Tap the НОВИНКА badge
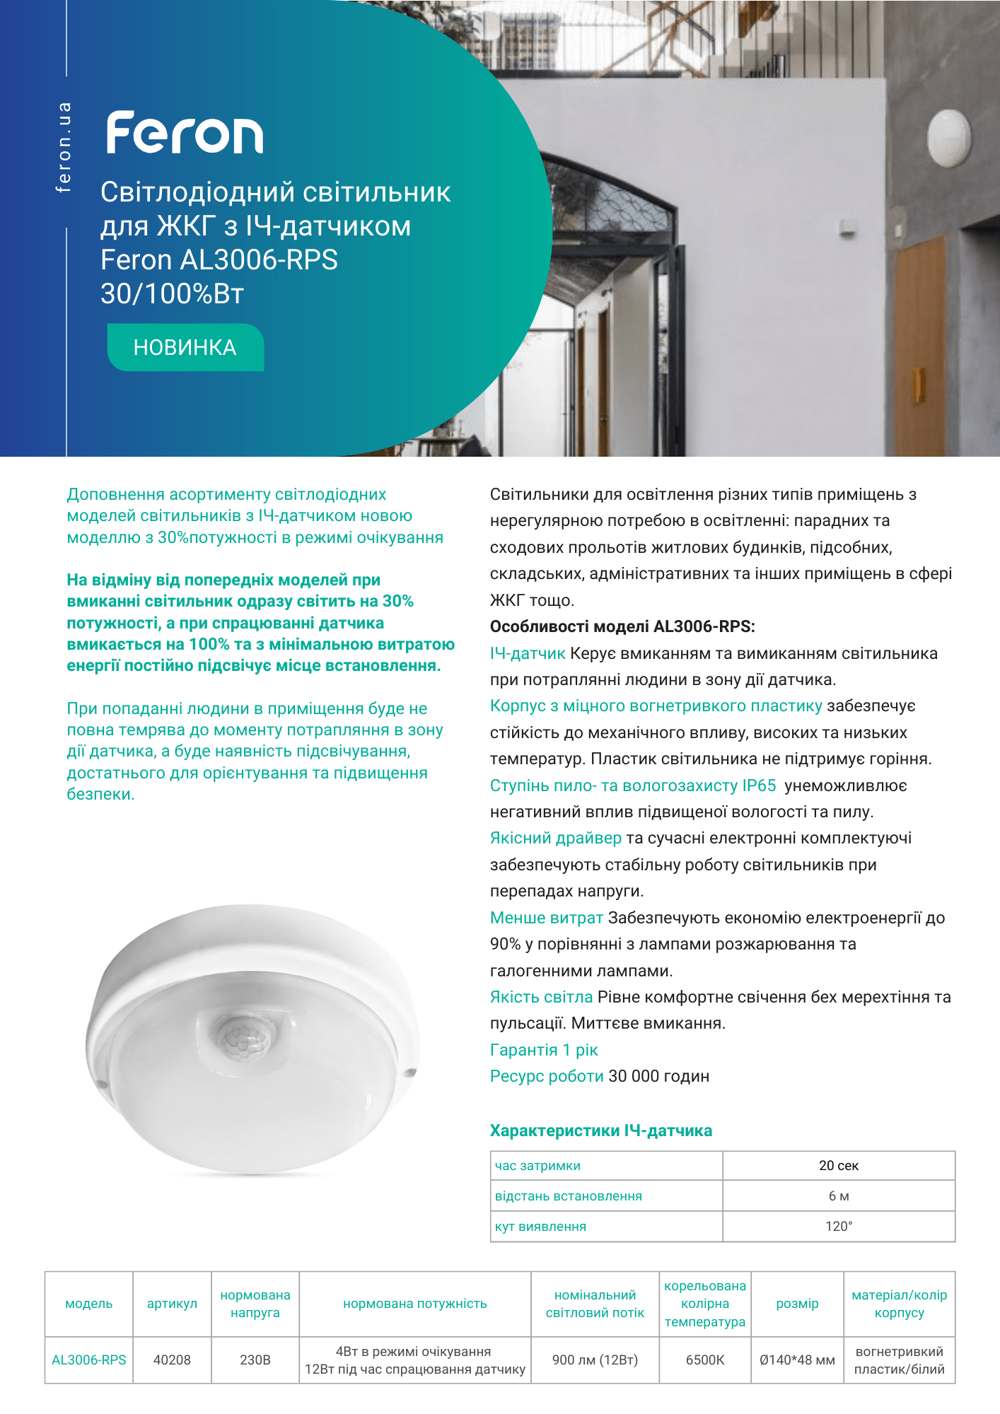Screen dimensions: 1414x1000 [185, 347]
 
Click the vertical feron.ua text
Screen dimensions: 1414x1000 [64, 147]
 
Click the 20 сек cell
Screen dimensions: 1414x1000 [839, 1166]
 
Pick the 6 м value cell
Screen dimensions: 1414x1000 [839, 1196]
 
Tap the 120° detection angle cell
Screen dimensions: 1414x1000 [839, 1227]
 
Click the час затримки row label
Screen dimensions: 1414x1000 [537, 1166]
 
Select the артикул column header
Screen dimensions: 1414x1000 [172, 1304]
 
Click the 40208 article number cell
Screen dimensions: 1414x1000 [172, 1360]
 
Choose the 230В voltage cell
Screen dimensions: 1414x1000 [255, 1360]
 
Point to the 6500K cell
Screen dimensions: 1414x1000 [705, 1360]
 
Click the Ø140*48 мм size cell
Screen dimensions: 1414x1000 [797, 1360]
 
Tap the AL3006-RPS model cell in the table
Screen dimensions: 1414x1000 [89, 1360]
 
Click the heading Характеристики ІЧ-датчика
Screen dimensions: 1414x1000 [601, 1130]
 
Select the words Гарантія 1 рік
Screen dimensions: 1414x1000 [544, 1050]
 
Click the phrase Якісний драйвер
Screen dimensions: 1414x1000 [555, 839]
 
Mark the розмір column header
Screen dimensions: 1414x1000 [797, 1304]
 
